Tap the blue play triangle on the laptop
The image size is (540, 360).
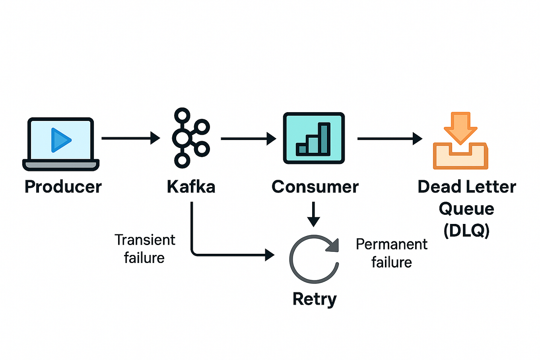(60, 140)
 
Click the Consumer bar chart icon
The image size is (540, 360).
(314, 138)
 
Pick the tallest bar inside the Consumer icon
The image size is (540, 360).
(325, 138)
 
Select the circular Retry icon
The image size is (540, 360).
(314, 259)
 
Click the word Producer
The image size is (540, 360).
(63, 187)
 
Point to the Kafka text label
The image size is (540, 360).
(191, 187)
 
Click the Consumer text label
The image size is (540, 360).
(315, 187)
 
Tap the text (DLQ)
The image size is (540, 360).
(466, 230)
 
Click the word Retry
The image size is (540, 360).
(315, 299)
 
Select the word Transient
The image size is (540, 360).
(145, 240)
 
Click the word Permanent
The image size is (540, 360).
(391, 244)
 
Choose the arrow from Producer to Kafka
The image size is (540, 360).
(130, 138)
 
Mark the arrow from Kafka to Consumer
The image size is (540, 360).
(248, 138)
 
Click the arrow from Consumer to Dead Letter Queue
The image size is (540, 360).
(389, 138)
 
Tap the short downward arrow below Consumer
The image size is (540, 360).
(314, 214)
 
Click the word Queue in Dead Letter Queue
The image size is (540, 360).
(466, 208)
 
